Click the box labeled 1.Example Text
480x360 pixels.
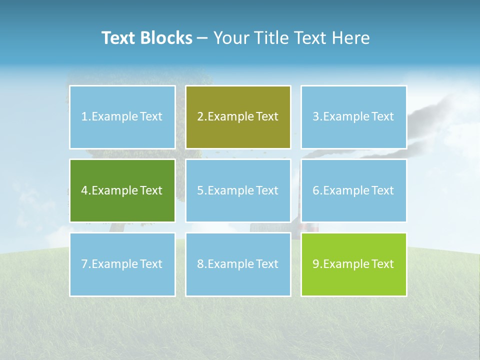tap(122, 117)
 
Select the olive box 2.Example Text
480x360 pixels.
tap(238, 117)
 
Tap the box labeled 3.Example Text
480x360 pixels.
tap(353, 117)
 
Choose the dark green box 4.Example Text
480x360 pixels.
tap(122, 190)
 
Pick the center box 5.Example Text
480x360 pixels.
tap(238, 190)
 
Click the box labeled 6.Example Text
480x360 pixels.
tap(353, 190)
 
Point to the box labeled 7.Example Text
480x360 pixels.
tap(122, 264)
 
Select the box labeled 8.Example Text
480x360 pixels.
tap(238, 264)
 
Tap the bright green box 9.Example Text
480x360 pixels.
tap(353, 264)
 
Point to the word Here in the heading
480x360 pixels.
tap(351, 38)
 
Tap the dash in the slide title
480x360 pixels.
tap(202, 38)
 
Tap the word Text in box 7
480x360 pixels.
tap(151, 264)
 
